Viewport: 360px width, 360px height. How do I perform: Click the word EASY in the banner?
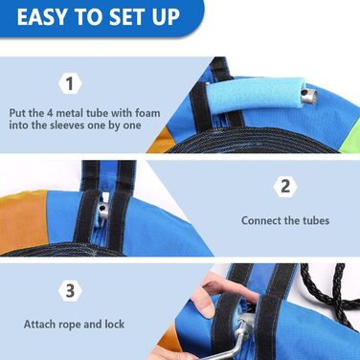[x=42, y=17]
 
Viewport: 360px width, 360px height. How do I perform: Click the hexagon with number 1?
[x=70, y=83]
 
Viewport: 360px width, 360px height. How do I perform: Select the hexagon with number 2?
[x=285, y=186]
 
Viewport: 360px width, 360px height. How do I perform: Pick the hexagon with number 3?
[x=70, y=291]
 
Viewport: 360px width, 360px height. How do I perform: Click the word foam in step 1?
[x=147, y=113]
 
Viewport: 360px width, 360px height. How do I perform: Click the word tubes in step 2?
[x=315, y=220]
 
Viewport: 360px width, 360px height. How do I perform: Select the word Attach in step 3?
[x=39, y=325]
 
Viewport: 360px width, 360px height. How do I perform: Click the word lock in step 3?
[x=115, y=325]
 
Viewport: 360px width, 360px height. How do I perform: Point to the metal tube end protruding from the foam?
[x=310, y=96]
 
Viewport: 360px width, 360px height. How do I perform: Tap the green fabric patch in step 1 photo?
[x=350, y=141]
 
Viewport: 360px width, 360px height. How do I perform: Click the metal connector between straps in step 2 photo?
[x=103, y=212]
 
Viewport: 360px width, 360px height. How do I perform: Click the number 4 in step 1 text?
[x=50, y=113]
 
